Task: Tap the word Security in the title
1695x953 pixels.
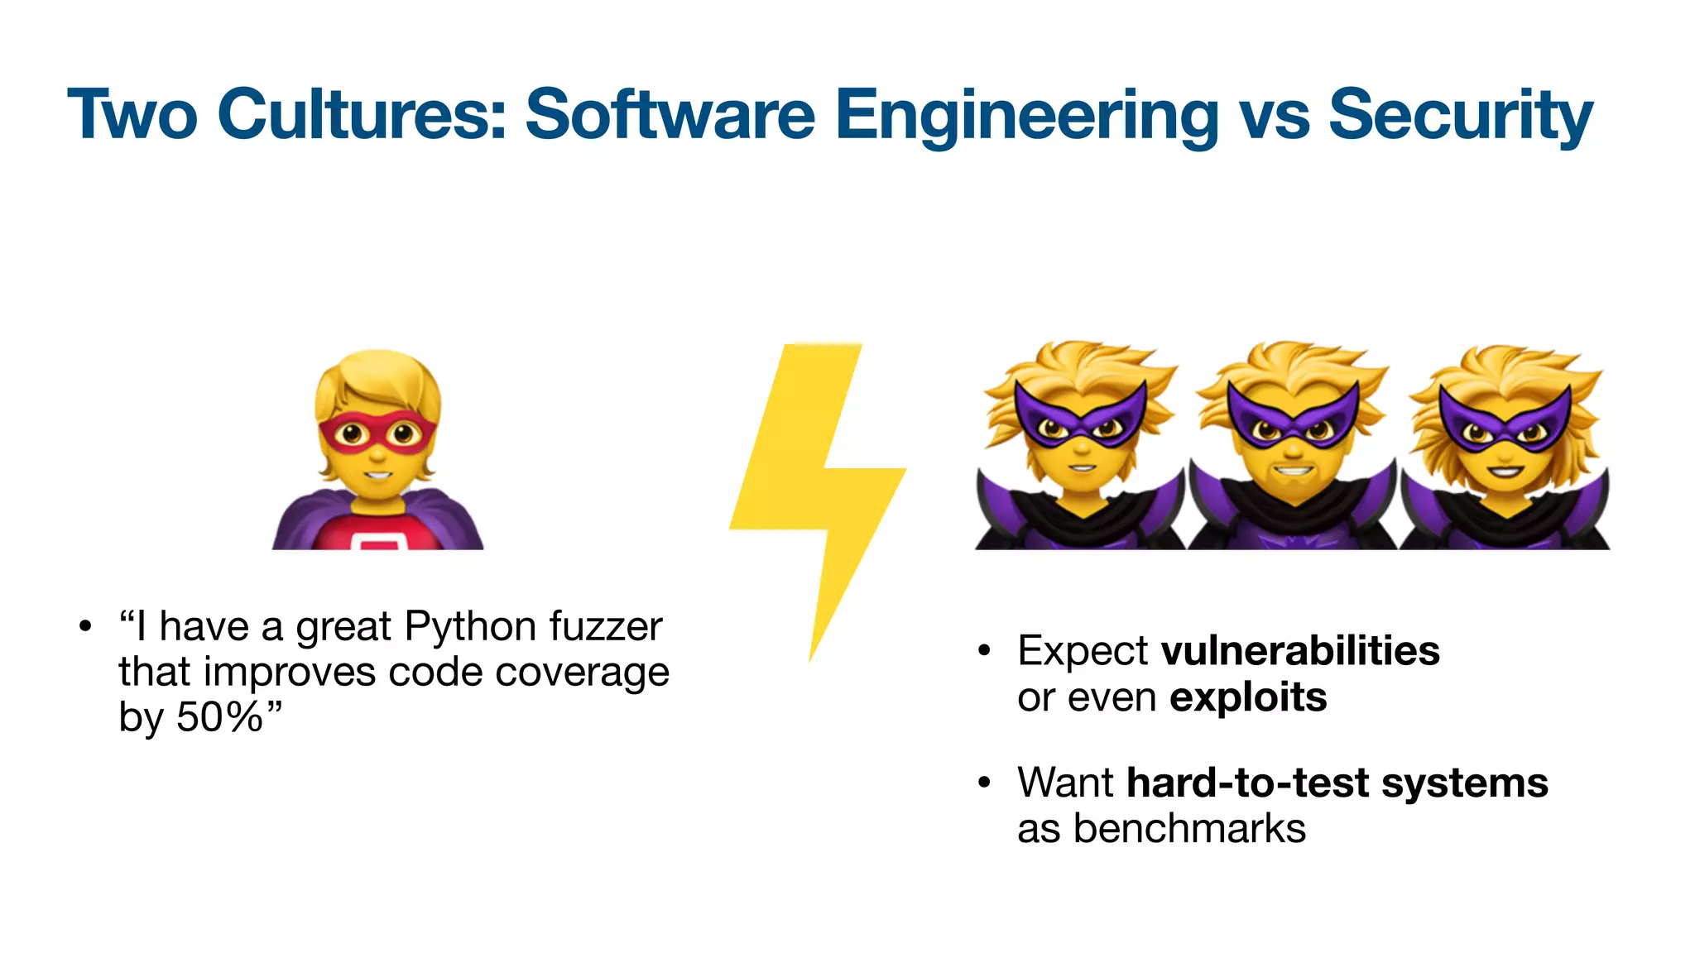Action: (x=1460, y=116)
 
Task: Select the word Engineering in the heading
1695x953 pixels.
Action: (x=1026, y=116)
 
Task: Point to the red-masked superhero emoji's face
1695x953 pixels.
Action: (x=377, y=434)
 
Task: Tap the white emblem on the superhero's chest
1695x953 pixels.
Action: (x=378, y=541)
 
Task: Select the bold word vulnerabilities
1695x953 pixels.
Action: (x=1300, y=651)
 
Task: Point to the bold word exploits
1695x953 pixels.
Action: (x=1248, y=697)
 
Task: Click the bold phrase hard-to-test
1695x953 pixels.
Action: (x=1247, y=783)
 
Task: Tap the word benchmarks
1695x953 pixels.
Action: (x=1189, y=829)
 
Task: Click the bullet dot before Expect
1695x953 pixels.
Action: (x=983, y=651)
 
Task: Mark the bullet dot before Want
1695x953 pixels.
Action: (x=983, y=783)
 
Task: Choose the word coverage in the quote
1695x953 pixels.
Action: (x=582, y=672)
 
